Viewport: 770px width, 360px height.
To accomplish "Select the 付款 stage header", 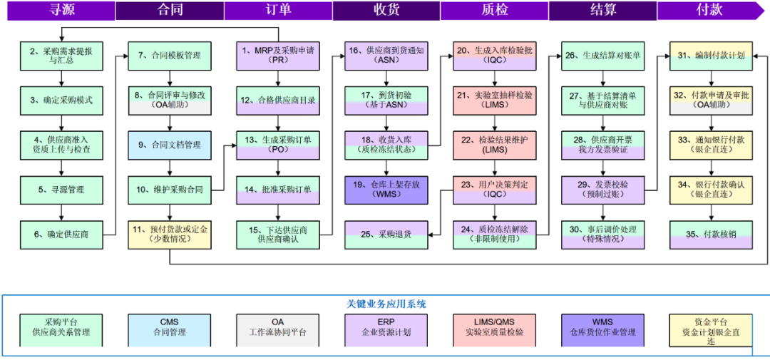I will click(x=709, y=11).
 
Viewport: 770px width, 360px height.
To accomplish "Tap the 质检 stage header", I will click(x=493, y=11).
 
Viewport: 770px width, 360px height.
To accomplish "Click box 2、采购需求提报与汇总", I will click(x=61, y=56).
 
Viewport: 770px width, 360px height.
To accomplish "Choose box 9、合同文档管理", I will click(x=170, y=145).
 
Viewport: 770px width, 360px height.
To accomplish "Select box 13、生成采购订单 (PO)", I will click(x=278, y=145).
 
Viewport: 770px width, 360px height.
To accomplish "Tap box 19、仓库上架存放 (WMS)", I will click(x=386, y=190).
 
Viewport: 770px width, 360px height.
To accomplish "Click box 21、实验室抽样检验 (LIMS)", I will click(x=495, y=100).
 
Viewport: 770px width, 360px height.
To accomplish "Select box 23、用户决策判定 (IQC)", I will click(x=495, y=190).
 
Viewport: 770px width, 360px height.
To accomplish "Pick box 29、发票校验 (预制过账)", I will click(x=603, y=190).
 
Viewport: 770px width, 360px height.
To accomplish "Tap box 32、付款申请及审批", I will click(x=710, y=100).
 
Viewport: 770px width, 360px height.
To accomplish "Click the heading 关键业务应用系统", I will click(x=386, y=304).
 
